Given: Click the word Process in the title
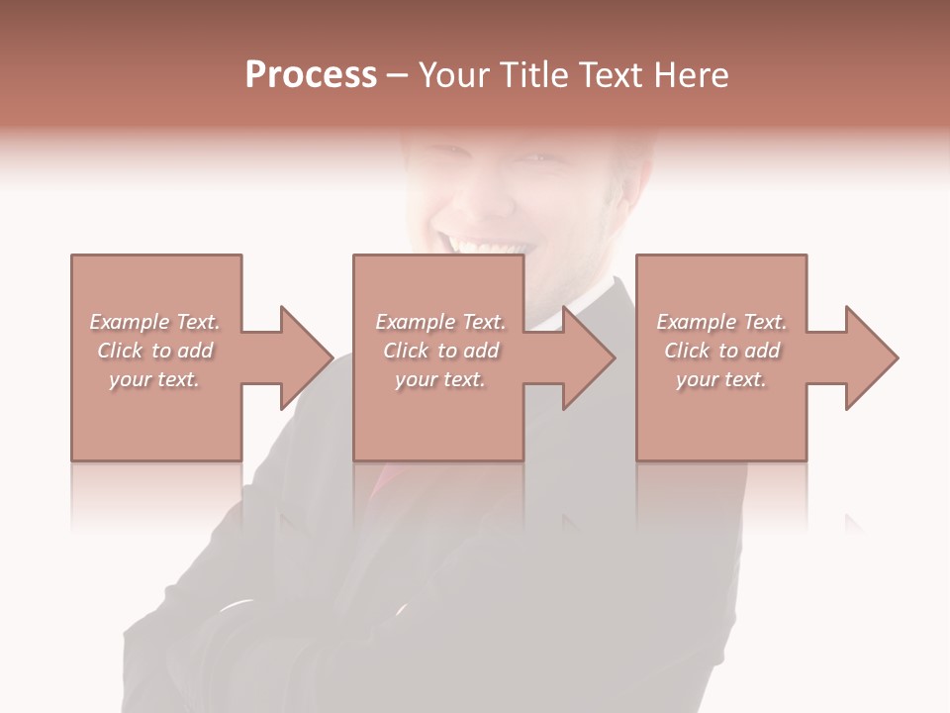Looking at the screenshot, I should (311, 75).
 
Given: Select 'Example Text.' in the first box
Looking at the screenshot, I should (155, 322).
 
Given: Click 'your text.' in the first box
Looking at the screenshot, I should (155, 379).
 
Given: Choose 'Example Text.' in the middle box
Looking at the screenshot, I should (440, 322).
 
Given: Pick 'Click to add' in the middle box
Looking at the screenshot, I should (440, 351).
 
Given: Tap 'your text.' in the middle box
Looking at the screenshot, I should (440, 379).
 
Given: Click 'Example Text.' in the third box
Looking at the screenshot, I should (721, 322).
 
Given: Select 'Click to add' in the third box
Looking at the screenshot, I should (721, 351).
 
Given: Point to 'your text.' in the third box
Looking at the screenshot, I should (721, 379).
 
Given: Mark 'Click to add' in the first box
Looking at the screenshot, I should (155, 351).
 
